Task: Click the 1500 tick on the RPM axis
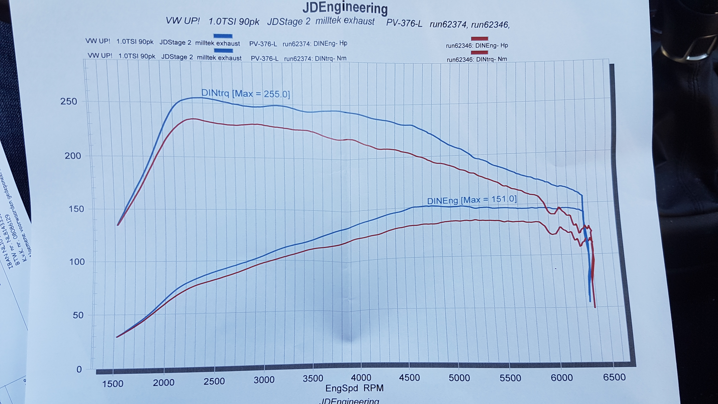113,384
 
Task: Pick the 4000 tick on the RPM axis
361,378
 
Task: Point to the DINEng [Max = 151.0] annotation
472,200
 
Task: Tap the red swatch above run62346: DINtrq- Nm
479,52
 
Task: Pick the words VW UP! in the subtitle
183,21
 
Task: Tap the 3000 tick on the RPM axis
264,380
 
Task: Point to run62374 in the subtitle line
448,25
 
